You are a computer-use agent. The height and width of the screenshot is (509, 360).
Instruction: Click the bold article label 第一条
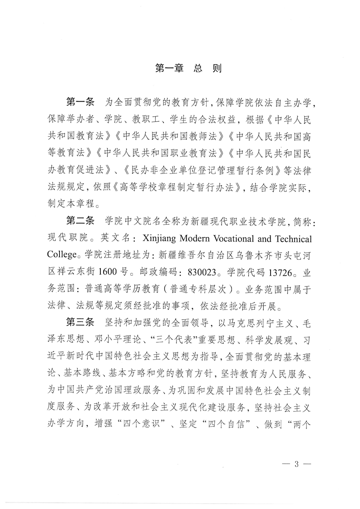tap(79, 100)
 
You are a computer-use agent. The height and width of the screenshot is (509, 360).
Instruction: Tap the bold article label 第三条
tap(79, 323)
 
